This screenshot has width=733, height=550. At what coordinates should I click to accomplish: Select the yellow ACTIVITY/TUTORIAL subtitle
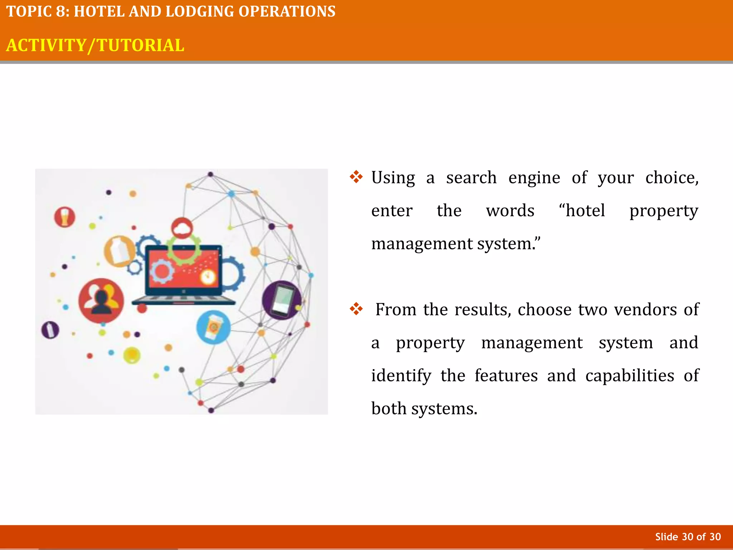[x=95, y=45]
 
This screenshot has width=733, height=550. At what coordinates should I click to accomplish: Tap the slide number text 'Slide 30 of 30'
[x=688, y=537]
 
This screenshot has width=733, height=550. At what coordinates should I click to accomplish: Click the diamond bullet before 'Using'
[x=356, y=177]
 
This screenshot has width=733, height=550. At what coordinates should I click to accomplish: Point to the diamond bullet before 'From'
[x=356, y=309]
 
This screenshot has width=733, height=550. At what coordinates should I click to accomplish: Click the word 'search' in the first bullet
[x=471, y=178]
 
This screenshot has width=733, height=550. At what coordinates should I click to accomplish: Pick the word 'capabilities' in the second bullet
[x=630, y=376]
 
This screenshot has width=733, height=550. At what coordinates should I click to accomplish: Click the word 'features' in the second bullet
[x=506, y=376]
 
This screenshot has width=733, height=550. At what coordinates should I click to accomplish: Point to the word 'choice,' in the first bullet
[x=672, y=178]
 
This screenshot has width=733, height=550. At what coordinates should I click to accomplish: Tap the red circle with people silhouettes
[x=101, y=300]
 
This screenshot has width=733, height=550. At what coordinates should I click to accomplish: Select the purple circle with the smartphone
[x=282, y=300]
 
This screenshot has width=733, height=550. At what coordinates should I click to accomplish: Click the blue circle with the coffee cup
[x=213, y=327]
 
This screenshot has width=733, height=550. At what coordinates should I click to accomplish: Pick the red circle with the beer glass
[x=65, y=217]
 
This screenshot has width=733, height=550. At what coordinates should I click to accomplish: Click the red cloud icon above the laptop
[x=182, y=228]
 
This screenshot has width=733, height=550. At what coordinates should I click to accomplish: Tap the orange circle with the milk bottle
[x=119, y=251]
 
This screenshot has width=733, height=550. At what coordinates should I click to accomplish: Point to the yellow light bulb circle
[x=132, y=355]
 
